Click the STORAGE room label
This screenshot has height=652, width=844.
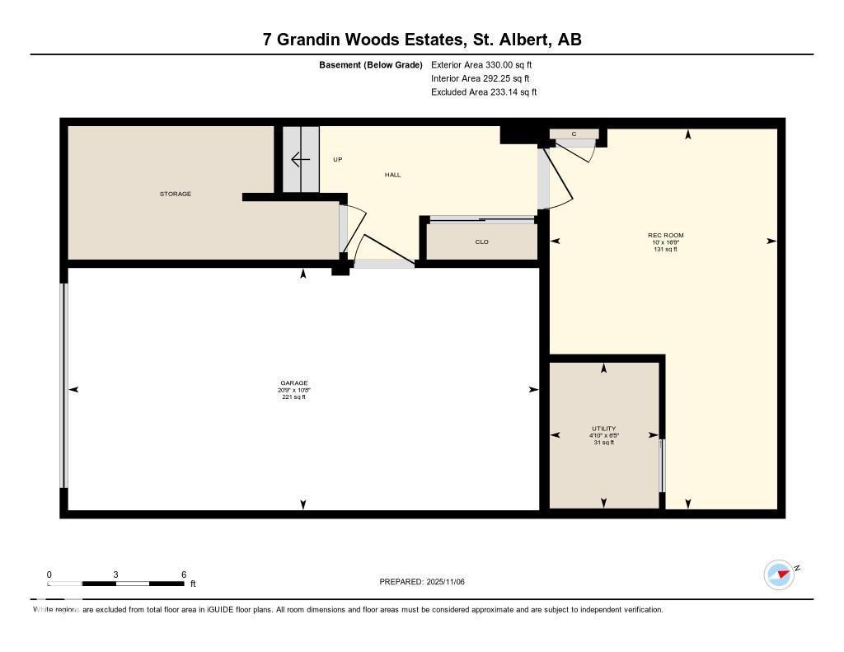coord(175,194)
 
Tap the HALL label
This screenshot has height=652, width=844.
coord(392,175)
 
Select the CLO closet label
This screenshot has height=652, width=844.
coord(481,242)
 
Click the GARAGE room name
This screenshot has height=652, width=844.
coord(293,382)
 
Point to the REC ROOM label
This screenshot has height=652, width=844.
coord(665,235)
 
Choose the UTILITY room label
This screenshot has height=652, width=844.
coord(603,429)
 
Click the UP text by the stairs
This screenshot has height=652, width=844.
coord(337,159)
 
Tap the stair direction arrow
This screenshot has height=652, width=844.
coord(300,159)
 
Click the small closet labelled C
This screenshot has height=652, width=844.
coord(574,134)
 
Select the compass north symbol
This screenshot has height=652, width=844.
coord(779,574)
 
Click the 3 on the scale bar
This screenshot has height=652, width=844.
coord(116,575)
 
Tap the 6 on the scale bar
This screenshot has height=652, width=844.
coord(184,575)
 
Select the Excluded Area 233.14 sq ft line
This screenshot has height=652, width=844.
coord(484,92)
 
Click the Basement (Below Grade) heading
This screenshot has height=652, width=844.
coord(371,64)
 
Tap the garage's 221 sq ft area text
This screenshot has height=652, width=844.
coord(293,397)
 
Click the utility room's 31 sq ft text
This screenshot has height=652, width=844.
coord(603,443)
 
